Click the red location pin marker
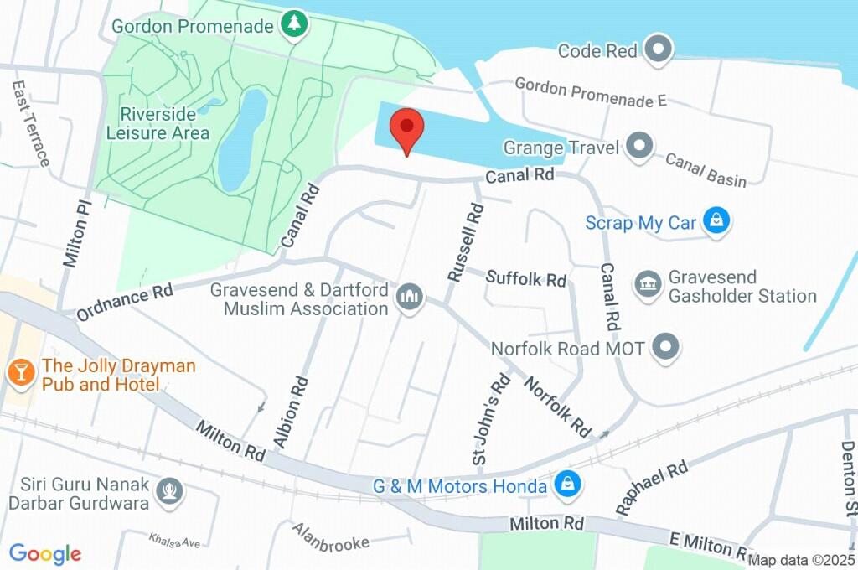[407, 129]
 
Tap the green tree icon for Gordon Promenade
[293, 26]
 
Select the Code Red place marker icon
[659, 50]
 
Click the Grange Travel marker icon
[640, 148]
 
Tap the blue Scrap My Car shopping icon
[716, 222]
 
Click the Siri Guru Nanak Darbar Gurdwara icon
[171, 493]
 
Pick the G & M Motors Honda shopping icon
[567, 485]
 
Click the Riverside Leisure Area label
[158, 123]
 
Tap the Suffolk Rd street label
[526, 278]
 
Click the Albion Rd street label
[292, 410]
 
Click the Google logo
[45, 554]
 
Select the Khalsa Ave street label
[174, 540]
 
